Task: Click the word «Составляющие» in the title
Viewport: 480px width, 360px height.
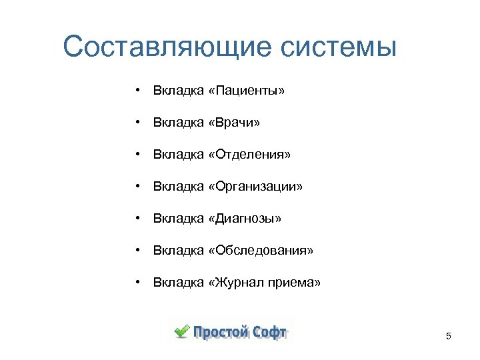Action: pyautogui.click(x=167, y=47)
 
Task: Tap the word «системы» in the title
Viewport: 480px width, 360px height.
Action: pyautogui.click(x=339, y=47)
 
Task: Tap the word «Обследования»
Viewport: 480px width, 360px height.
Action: pyautogui.click(x=260, y=251)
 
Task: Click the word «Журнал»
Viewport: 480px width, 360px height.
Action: pyautogui.click(x=239, y=283)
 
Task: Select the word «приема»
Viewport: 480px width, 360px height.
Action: pyautogui.click(x=295, y=283)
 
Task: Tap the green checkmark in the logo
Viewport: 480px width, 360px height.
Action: pyautogui.click(x=181, y=331)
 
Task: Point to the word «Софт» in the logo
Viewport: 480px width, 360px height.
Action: pyautogui.click(x=270, y=331)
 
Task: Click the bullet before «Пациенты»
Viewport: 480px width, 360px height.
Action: pyautogui.click(x=136, y=90)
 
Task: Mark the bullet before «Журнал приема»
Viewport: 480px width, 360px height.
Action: pyautogui.click(x=136, y=283)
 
